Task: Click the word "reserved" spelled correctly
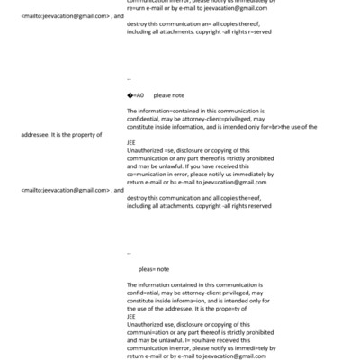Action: pos(257,206)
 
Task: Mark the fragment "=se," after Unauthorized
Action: pos(174,150)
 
